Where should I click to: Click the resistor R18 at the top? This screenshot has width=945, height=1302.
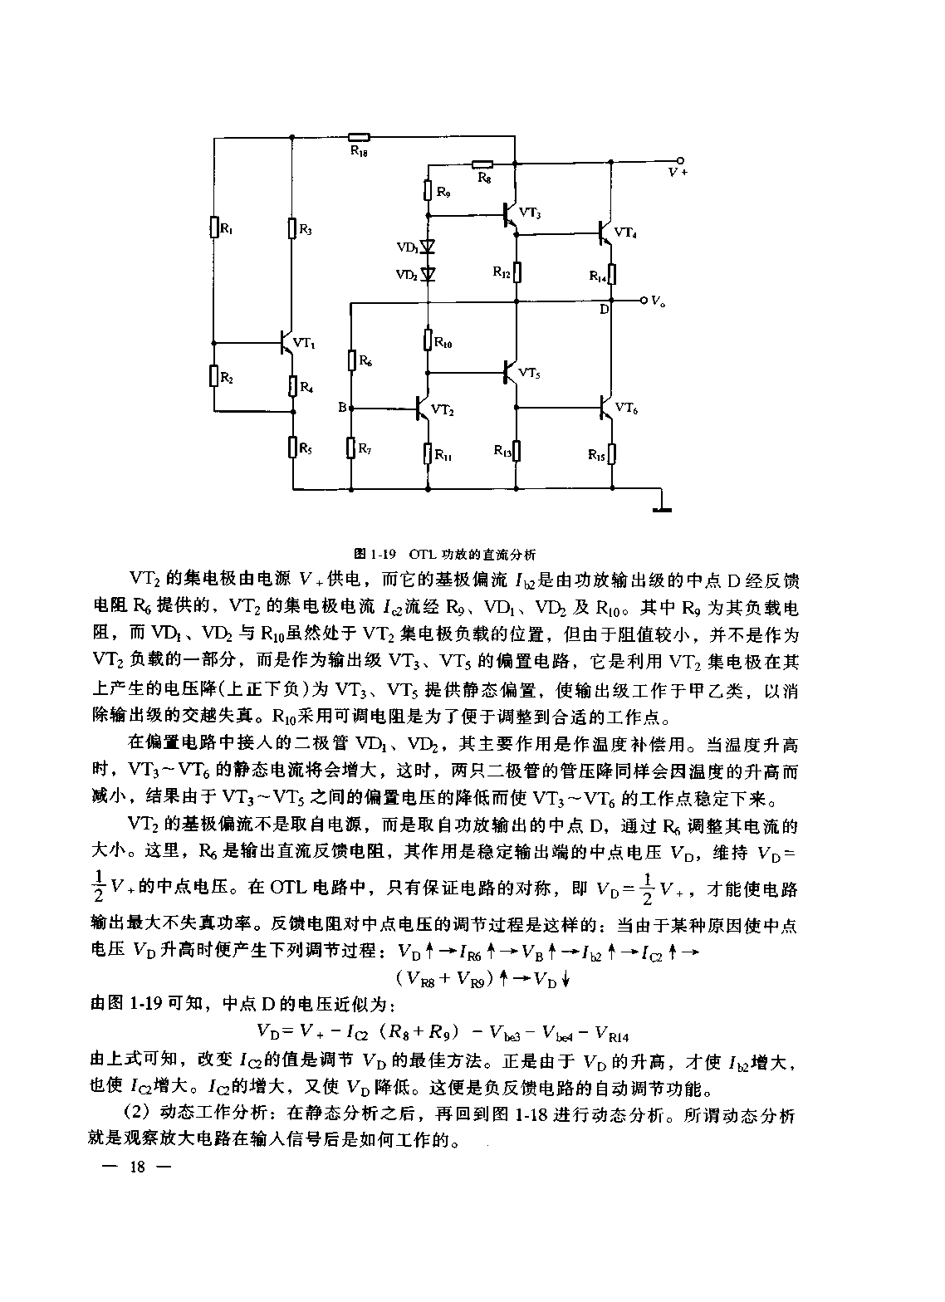[359, 138]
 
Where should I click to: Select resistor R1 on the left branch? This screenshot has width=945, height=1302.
[214, 227]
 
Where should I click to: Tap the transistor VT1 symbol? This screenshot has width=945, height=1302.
[286, 342]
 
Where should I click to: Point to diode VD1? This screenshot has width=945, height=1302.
[428, 247]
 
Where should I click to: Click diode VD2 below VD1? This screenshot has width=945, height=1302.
[428, 274]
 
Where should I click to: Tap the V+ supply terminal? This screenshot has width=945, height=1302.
[680, 160]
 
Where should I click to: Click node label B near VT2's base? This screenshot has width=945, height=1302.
[342, 408]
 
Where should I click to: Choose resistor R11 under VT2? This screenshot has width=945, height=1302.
[428, 453]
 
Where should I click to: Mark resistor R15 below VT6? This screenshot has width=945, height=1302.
[611, 453]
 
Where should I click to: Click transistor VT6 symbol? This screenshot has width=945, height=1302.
[606, 407]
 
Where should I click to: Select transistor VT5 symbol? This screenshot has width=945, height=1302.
[512, 372]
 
